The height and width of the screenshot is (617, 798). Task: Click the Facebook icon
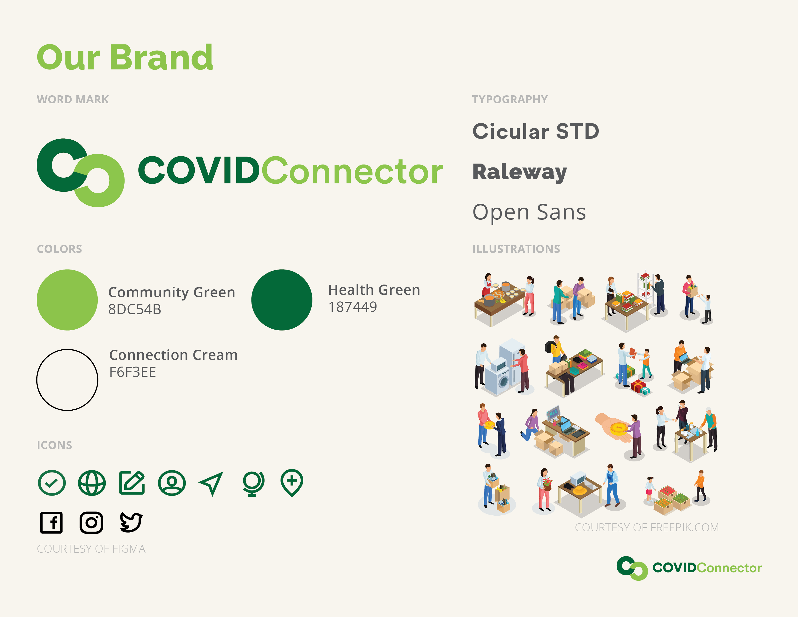[x=51, y=522]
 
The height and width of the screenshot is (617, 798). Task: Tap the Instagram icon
[x=91, y=522]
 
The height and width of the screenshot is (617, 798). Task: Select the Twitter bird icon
[x=131, y=522]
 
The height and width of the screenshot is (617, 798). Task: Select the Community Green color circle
[x=67, y=300]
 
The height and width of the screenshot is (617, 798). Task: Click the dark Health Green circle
[x=282, y=300]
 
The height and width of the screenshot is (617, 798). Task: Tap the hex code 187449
[x=353, y=307]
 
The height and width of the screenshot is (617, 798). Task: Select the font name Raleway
[x=520, y=172]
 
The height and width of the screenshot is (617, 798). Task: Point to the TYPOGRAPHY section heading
[x=510, y=99]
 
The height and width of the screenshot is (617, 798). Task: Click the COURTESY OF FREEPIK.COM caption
[x=647, y=527]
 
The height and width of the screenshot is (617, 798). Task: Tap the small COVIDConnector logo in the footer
[x=689, y=568]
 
